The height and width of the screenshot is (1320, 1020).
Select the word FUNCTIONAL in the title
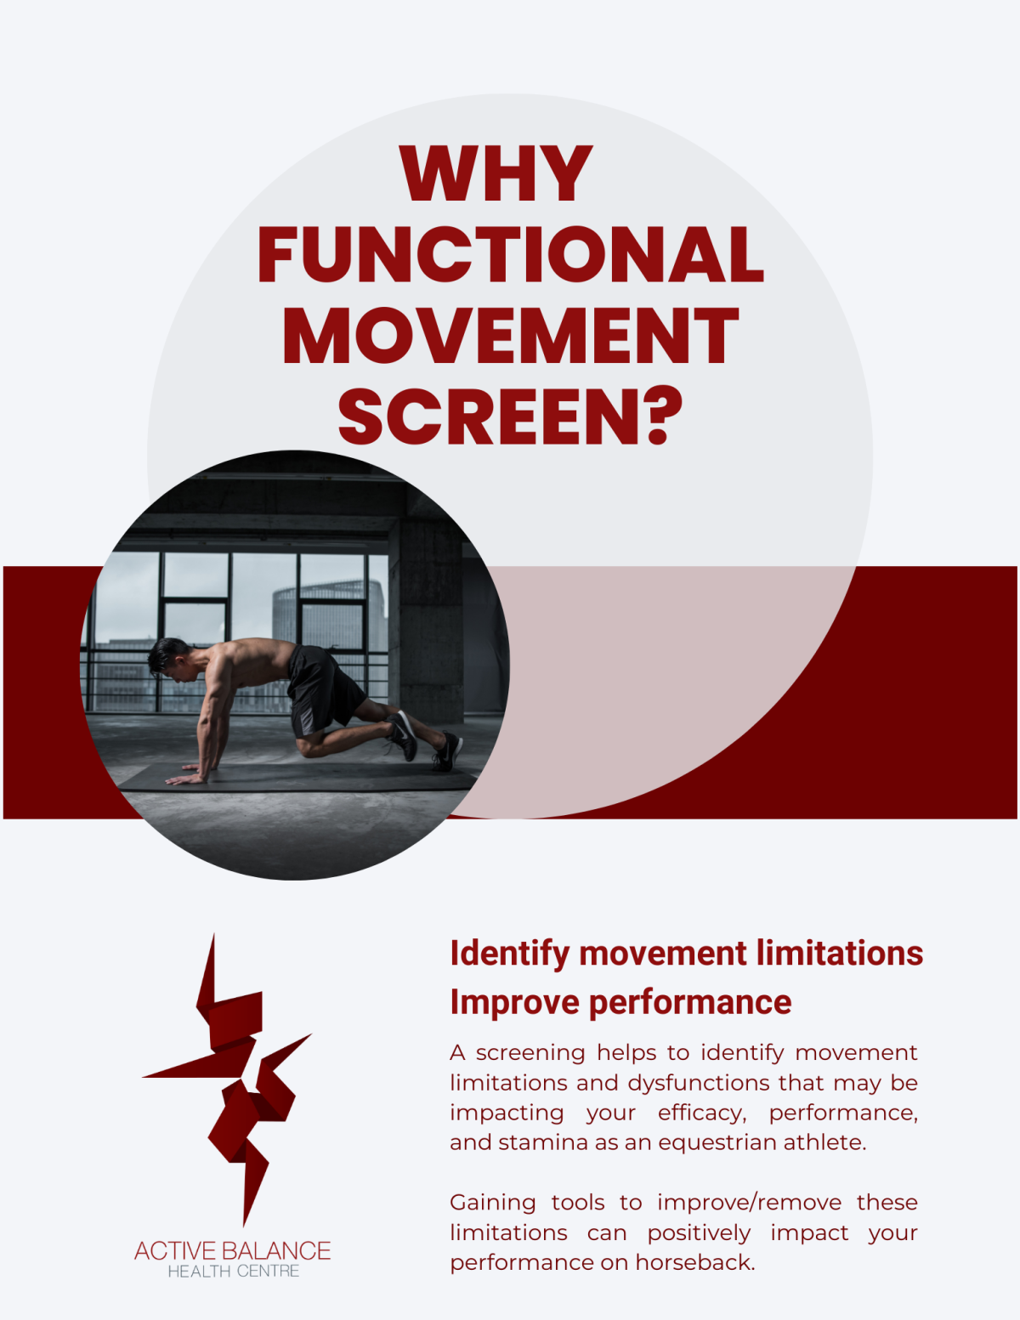(x=510, y=254)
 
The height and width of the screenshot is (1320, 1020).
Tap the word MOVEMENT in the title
(x=510, y=335)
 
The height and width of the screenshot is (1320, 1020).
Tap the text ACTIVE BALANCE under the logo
(x=232, y=1250)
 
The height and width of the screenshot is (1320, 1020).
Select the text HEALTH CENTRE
(x=234, y=1272)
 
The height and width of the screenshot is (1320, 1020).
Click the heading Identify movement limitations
(x=686, y=954)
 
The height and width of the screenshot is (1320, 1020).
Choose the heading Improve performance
(x=620, y=1002)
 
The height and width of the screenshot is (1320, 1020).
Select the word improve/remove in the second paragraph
(x=749, y=1203)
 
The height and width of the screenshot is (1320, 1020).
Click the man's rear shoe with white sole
(x=447, y=752)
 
